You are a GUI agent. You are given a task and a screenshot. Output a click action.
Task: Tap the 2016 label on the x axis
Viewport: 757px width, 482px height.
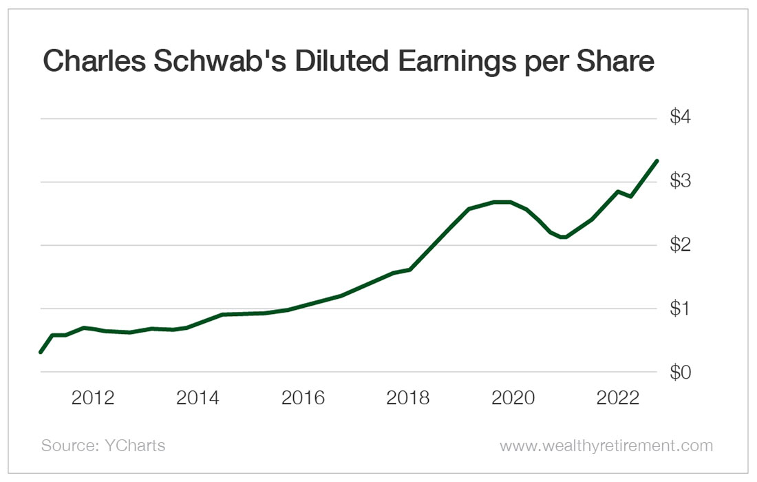point(303,398)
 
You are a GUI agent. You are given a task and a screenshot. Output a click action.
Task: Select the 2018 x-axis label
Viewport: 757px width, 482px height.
point(409,398)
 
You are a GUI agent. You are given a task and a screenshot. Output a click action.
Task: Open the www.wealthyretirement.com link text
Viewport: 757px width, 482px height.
point(606,446)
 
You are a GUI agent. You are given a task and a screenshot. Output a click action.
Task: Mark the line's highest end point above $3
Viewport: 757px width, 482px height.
point(657,161)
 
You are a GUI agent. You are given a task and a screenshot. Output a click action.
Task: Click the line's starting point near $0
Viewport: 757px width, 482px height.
point(41,352)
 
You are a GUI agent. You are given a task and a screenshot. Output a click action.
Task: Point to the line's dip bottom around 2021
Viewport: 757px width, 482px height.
point(564,237)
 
